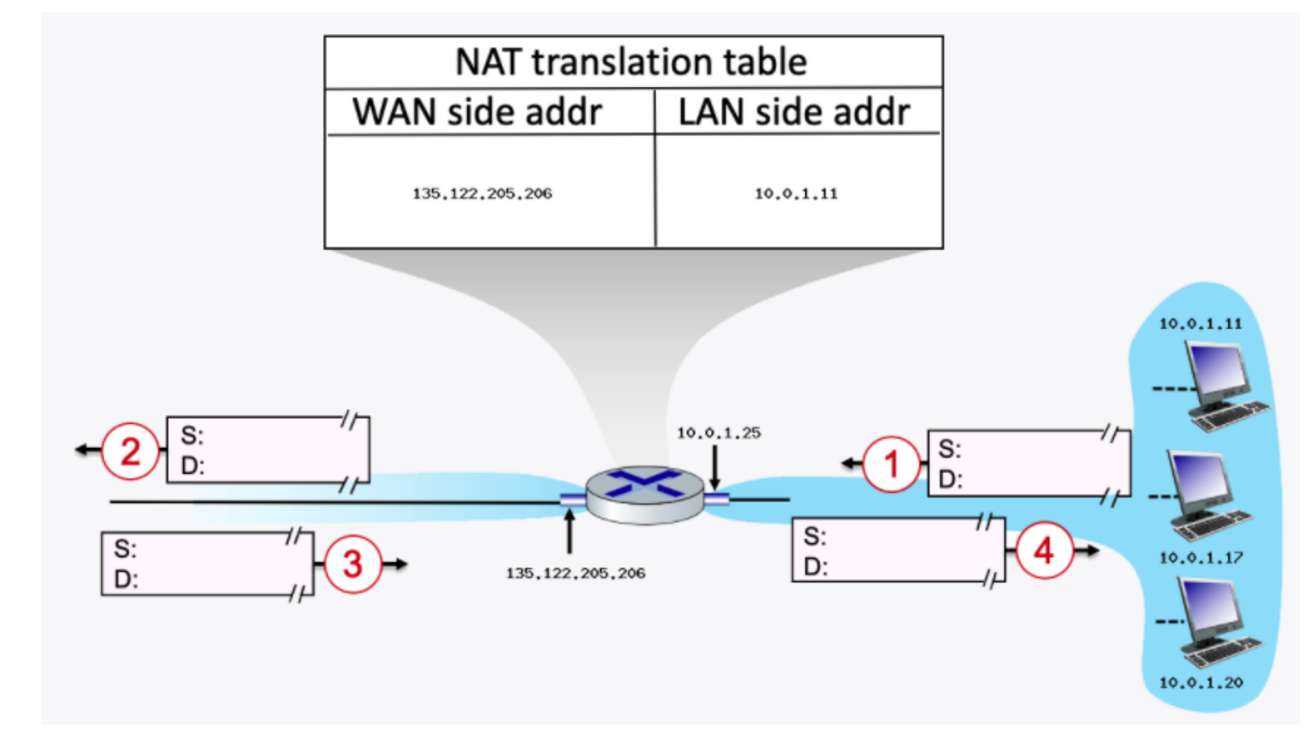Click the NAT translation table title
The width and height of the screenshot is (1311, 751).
pyautogui.click(x=631, y=62)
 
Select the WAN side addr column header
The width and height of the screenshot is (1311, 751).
pyautogui.click(x=477, y=112)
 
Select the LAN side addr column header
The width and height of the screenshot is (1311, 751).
pyautogui.click(x=794, y=112)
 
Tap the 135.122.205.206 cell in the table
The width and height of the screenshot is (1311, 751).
pyautogui.click(x=482, y=194)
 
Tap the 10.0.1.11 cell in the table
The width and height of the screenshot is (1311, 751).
pyautogui.click(x=796, y=194)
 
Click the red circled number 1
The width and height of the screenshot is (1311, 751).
pyautogui.click(x=891, y=464)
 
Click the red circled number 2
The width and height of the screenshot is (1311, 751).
pyautogui.click(x=131, y=451)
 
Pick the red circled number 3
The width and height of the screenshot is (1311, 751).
pyautogui.click(x=353, y=563)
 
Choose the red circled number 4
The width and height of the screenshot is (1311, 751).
pyautogui.click(x=1044, y=551)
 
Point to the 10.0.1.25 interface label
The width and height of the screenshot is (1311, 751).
pyautogui.click(x=719, y=433)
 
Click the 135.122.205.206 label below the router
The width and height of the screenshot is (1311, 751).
pyautogui.click(x=575, y=573)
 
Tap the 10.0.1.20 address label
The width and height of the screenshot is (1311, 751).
pyautogui.click(x=1201, y=682)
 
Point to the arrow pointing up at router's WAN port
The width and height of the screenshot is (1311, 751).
pyautogui.click(x=569, y=532)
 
